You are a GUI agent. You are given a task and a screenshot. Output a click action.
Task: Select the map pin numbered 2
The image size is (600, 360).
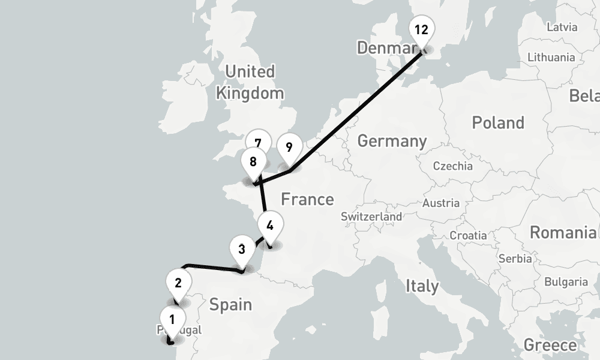point(178,281)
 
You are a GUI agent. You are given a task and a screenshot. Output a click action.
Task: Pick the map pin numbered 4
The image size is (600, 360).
point(269,226)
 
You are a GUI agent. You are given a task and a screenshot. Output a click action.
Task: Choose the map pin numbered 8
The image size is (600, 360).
point(253,162)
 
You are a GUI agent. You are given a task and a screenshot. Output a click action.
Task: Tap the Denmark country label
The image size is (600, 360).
point(384,47)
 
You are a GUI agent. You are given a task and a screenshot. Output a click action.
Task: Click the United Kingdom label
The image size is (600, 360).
point(250,82)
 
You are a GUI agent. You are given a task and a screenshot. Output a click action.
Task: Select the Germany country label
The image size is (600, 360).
point(392,142)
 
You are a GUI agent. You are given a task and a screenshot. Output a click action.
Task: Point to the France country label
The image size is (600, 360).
point(307,199)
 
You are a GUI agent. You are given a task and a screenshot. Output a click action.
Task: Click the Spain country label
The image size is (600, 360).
point(230,305)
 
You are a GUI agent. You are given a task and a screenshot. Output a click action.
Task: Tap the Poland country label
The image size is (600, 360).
point(498,123)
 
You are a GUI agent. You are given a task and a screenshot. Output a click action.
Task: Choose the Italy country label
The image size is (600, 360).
point(422,286)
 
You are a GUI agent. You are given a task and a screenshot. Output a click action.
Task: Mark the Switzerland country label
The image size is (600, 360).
point(371,217)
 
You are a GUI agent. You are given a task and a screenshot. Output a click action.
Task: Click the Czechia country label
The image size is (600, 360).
point(452,166)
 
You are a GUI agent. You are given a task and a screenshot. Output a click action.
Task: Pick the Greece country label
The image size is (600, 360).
point(550,345)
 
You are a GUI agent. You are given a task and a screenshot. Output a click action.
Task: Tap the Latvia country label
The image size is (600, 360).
point(562,27)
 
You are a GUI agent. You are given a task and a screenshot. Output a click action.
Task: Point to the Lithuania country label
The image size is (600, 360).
point(551,58)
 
